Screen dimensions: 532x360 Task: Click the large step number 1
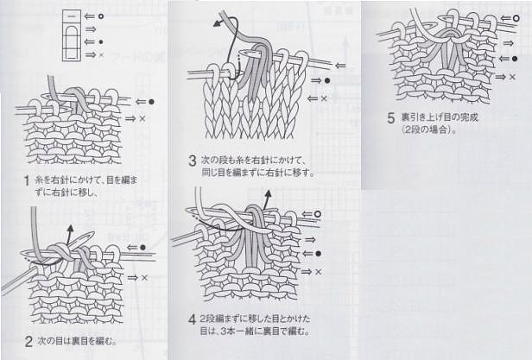[x=27, y=180]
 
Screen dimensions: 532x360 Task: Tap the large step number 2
[x=28, y=341]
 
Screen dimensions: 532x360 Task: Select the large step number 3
[x=193, y=161]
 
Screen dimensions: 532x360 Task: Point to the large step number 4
[x=192, y=319]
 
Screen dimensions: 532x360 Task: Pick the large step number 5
[x=391, y=118]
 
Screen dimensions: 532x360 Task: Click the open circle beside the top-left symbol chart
[x=101, y=16]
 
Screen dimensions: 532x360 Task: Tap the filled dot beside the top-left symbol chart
[x=101, y=42]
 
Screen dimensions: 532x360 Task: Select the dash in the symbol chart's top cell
[x=72, y=16]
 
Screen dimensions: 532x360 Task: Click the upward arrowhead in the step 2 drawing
[x=70, y=228]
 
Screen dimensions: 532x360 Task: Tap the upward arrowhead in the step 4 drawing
[x=268, y=194]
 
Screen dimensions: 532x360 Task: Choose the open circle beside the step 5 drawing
[x=516, y=18]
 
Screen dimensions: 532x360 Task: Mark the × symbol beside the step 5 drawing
[x=512, y=77]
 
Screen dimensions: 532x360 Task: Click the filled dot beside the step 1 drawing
[x=151, y=102]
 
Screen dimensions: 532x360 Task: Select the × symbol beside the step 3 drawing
[x=324, y=98]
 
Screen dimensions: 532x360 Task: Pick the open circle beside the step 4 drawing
[x=318, y=214]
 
